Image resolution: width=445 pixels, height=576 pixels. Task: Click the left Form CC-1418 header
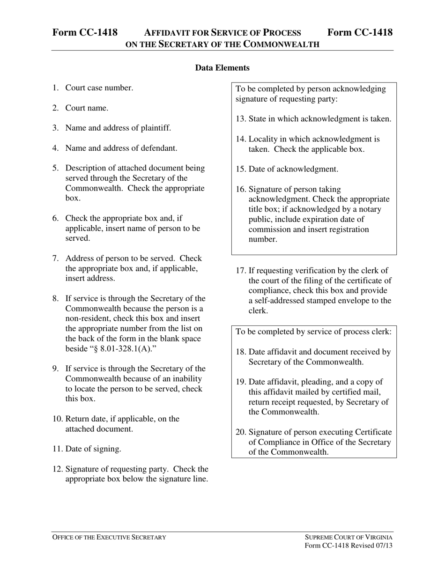pos(85,32)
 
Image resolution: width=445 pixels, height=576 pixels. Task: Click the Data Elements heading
pos(222,68)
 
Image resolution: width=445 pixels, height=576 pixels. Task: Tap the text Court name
pos(87,108)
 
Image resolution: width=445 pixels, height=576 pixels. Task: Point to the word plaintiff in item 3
pos(156,128)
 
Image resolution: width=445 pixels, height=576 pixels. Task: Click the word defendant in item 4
pos(159,148)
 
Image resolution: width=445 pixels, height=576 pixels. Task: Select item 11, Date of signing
pos(93,449)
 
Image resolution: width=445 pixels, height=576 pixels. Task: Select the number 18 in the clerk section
pos(241,352)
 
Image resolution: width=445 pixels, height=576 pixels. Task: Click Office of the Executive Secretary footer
pos(109,537)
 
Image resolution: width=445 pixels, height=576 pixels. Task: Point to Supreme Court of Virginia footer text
pos(349,537)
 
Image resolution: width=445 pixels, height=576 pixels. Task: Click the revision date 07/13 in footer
pos(384,546)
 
